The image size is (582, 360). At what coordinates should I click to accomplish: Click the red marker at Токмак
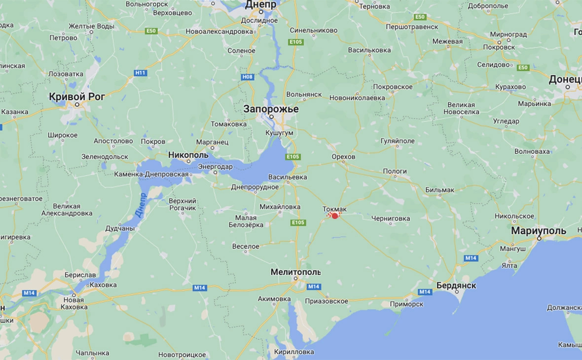point(335,216)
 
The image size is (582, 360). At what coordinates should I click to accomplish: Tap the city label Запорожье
point(271,109)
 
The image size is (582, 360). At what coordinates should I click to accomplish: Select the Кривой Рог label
point(77,97)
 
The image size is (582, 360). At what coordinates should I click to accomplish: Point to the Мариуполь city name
point(538,231)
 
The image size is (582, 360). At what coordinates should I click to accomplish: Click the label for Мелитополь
point(295,272)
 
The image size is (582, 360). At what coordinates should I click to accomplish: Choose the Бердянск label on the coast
point(456,286)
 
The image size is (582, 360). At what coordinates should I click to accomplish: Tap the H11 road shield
point(141,73)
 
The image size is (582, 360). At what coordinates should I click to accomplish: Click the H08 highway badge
point(247,77)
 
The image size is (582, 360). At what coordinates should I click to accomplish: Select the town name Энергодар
point(215,167)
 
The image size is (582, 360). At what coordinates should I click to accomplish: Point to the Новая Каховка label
point(73,303)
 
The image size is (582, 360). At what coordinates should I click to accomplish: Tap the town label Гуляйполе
point(398,141)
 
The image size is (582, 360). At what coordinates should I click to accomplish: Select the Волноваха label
point(532,151)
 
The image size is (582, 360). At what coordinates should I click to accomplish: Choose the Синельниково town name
point(314,30)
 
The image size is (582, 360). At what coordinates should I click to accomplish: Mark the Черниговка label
point(391,218)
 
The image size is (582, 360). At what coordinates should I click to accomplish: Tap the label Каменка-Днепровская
point(151,174)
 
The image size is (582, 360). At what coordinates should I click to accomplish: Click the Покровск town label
point(499,47)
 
